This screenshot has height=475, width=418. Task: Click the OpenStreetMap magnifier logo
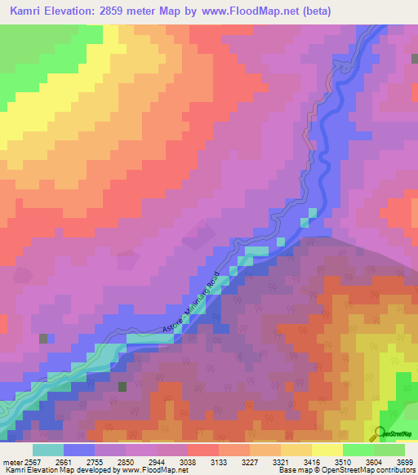click(x=379, y=433)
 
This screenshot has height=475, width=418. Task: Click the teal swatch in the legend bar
click(x=47, y=450)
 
